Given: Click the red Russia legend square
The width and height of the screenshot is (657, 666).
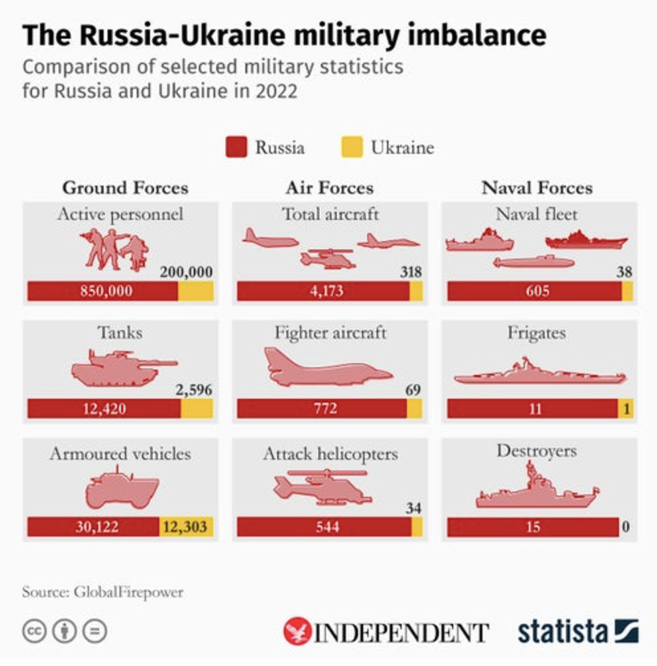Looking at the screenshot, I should click(236, 147).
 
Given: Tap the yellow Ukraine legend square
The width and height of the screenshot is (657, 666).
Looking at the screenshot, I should click(352, 147).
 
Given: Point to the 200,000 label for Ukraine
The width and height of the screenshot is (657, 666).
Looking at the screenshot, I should click(186, 272).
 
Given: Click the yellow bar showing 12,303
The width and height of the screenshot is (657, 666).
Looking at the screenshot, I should click(186, 527).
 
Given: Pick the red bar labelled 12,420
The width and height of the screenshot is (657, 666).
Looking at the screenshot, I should click(104, 409).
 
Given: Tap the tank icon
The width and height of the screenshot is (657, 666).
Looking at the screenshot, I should click(124, 367).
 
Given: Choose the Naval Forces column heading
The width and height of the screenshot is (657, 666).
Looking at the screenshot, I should click(537, 188).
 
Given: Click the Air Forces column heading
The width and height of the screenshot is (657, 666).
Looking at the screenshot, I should click(330, 188).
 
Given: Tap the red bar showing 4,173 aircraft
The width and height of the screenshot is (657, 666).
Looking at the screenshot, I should click(323, 291).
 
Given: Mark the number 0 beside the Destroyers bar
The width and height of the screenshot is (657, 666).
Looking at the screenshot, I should click(625, 527).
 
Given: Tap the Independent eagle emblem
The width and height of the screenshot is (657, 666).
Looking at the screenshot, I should click(296, 631).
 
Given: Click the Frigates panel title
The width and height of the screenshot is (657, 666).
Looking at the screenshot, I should click(536, 333).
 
